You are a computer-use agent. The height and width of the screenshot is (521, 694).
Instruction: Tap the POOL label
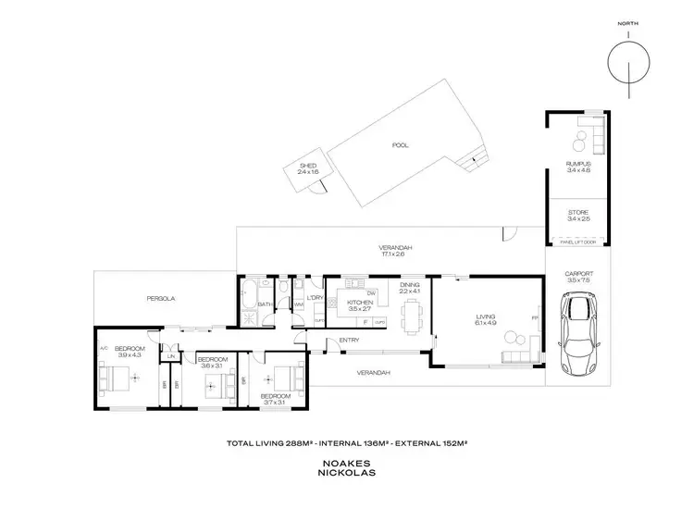(x=400, y=145)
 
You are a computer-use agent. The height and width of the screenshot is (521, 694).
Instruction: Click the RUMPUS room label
(x=577, y=165)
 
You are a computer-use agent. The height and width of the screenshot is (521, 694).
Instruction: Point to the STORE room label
(x=577, y=213)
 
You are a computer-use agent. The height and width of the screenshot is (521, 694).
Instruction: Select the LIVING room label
(x=485, y=317)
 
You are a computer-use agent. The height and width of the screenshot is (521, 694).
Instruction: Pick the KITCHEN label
(x=359, y=303)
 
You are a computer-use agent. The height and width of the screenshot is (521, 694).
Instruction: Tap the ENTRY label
(x=349, y=341)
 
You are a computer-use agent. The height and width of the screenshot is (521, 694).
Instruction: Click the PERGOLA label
(x=161, y=299)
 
